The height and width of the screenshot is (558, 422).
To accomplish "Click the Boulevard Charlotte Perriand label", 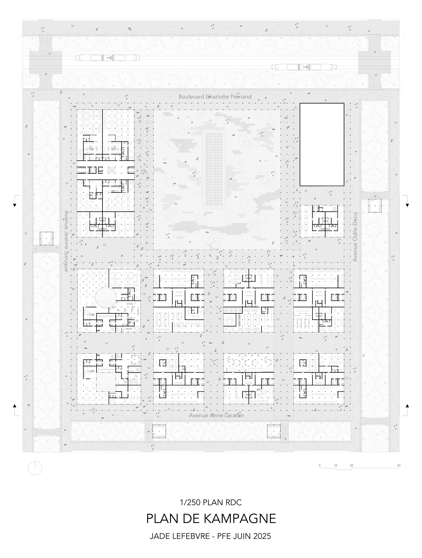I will pos(215,97).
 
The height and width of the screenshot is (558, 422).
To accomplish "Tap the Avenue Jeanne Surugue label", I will pos(66,241).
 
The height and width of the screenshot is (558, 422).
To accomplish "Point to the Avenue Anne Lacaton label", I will pos(216,416).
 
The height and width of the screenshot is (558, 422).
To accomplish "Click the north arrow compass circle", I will pos(35,468).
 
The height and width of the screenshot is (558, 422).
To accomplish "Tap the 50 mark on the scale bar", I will pos(399,465).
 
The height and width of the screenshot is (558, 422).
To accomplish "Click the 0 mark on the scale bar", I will pos(320,465).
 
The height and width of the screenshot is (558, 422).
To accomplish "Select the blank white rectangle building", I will pos(322,144).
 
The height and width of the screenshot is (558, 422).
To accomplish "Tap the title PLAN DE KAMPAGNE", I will pos(211,519).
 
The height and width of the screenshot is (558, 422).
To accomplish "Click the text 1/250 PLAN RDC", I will pos(211,503).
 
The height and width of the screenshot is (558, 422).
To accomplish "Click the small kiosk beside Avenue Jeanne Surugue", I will pos(47,238).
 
